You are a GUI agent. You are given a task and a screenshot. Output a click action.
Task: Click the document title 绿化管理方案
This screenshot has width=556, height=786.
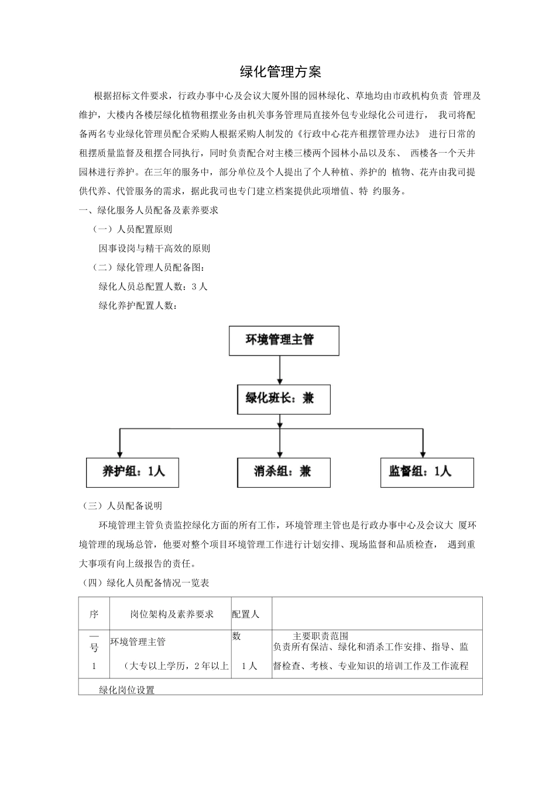tap(280, 73)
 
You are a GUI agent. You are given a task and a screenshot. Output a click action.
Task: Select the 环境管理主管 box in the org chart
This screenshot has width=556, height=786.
tap(283, 340)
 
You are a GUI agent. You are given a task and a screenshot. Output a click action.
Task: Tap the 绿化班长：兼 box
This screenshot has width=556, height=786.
tap(283, 399)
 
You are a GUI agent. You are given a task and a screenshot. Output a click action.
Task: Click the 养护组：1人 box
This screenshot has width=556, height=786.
tap(132, 472)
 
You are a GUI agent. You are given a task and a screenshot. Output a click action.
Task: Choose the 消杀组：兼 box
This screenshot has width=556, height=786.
tap(283, 472)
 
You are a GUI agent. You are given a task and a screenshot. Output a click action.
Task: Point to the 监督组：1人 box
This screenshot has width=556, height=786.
tap(423, 472)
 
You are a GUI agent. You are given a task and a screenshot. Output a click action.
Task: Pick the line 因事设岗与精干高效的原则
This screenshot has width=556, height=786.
tap(155, 249)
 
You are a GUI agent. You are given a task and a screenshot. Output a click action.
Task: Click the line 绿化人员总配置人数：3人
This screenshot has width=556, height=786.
tap(153, 287)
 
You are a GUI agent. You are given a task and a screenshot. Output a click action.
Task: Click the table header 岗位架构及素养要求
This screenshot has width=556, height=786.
tap(171, 614)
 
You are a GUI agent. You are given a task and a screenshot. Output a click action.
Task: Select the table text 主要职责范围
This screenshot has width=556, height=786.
tap(321, 636)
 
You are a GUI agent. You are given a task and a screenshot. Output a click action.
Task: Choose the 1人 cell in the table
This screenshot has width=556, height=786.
tap(249, 666)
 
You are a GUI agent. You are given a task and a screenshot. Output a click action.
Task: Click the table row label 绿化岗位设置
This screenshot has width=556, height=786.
tap(127, 690)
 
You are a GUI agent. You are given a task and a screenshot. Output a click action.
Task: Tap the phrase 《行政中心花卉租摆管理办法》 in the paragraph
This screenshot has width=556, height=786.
tap(358, 134)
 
